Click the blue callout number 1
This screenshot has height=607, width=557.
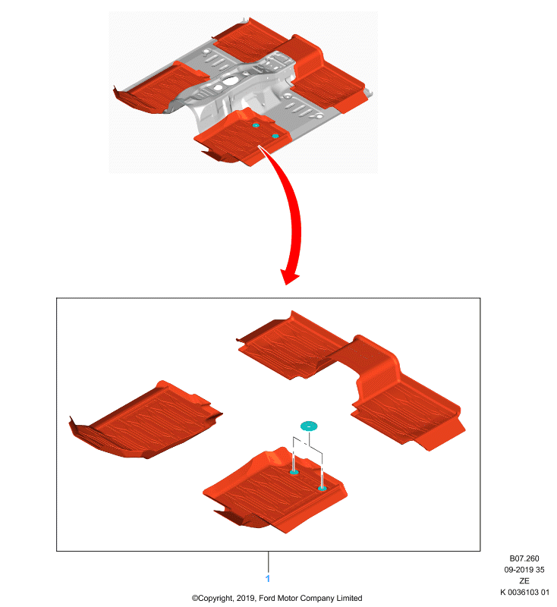(x=267, y=578)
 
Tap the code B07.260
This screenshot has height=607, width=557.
(x=524, y=558)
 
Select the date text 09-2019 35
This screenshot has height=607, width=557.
(x=524, y=570)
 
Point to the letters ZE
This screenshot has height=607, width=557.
(x=524, y=580)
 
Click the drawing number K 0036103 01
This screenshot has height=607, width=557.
(x=524, y=592)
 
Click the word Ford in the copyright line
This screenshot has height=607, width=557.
(x=266, y=598)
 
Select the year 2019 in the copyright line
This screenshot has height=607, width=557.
(x=246, y=598)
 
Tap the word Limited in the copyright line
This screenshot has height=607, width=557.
(x=349, y=598)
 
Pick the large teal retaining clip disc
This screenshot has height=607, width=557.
(x=309, y=426)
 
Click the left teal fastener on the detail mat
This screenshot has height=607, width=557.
(x=294, y=472)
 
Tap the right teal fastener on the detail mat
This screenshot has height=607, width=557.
(x=322, y=488)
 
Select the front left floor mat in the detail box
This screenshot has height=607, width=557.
(x=146, y=421)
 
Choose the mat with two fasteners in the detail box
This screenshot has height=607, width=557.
(x=275, y=492)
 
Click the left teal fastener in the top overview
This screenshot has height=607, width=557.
(x=256, y=125)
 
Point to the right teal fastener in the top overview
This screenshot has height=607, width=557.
(x=275, y=136)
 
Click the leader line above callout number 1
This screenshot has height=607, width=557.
(x=268, y=561)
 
